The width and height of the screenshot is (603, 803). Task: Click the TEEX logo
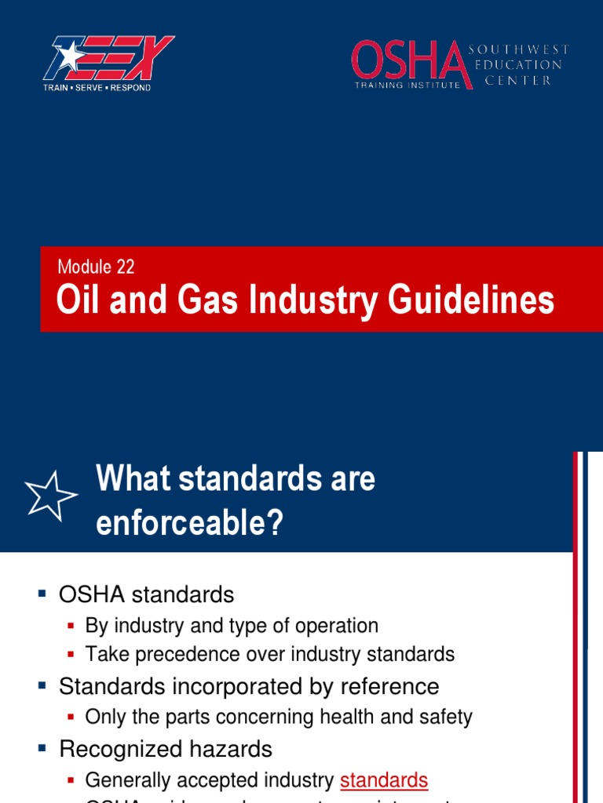point(108,59)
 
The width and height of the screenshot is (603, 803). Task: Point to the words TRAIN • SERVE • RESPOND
point(97,88)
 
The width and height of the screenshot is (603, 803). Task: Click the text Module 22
point(96,267)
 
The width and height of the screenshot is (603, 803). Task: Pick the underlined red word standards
point(384,780)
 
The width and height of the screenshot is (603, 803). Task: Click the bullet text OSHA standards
point(147,594)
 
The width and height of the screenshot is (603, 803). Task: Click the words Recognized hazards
point(166,749)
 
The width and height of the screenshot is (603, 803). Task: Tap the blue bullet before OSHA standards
point(42,594)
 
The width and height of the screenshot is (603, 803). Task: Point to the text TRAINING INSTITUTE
point(406,85)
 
